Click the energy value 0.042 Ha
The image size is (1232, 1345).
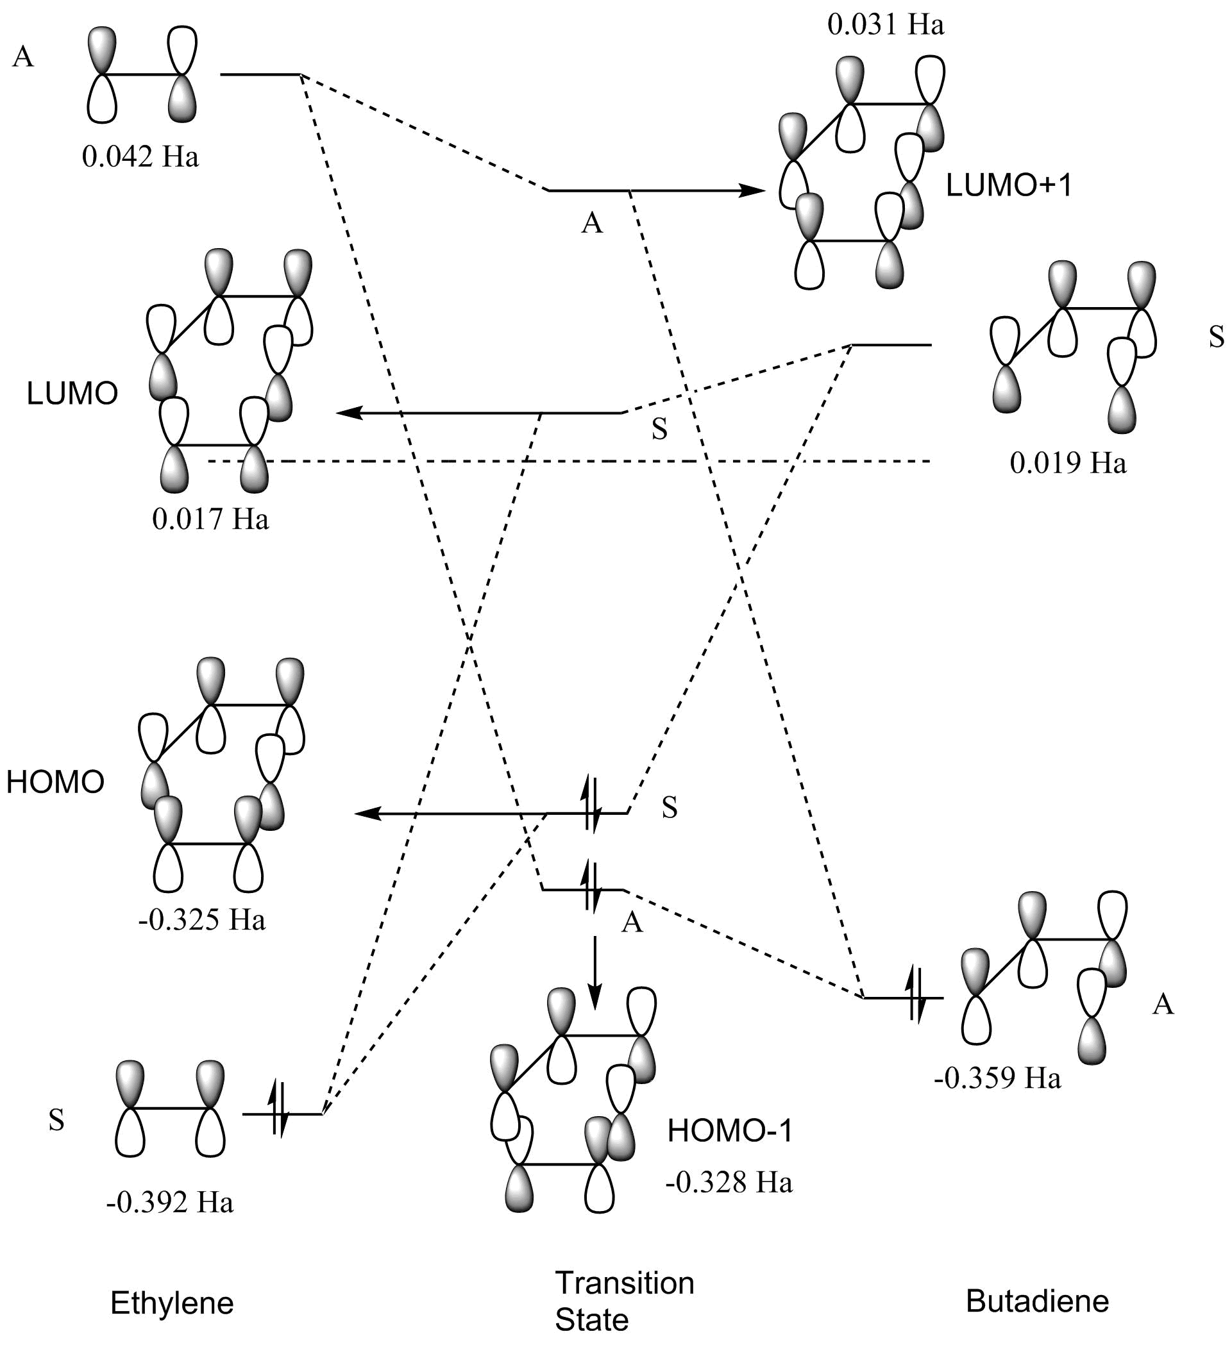(140, 158)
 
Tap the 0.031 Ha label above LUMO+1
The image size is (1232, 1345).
(886, 25)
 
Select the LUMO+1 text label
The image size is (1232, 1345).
(1009, 185)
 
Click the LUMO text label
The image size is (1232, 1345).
(72, 394)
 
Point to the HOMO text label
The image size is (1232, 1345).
(55, 782)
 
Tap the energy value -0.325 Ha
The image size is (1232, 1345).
(202, 920)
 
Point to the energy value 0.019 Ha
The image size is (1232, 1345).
(1068, 463)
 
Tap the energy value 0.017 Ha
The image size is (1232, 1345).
(210, 519)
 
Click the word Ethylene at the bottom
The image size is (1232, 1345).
(172, 1302)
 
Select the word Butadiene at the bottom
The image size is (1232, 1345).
(1037, 1300)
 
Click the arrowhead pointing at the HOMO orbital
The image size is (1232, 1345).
(366, 814)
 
